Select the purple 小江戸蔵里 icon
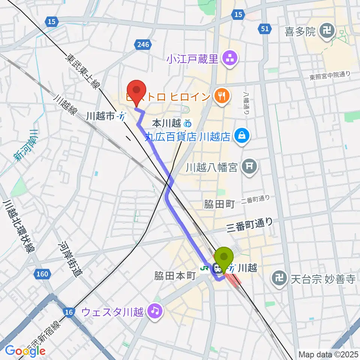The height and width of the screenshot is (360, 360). click(228, 58)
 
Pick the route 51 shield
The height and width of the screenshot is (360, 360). click(265, 29)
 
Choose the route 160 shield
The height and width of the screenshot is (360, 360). click(42, 274)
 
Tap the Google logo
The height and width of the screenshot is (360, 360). click(25, 351)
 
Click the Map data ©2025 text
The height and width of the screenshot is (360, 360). click(328, 354)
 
